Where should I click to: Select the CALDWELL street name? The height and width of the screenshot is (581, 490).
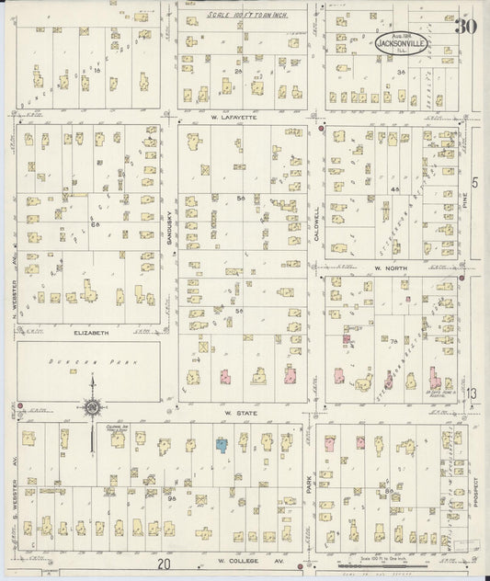coord(316,222)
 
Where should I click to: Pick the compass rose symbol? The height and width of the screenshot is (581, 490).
coord(92,407)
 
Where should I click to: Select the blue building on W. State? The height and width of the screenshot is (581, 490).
coord(221,445)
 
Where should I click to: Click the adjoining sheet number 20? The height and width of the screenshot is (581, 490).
coord(163,564)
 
